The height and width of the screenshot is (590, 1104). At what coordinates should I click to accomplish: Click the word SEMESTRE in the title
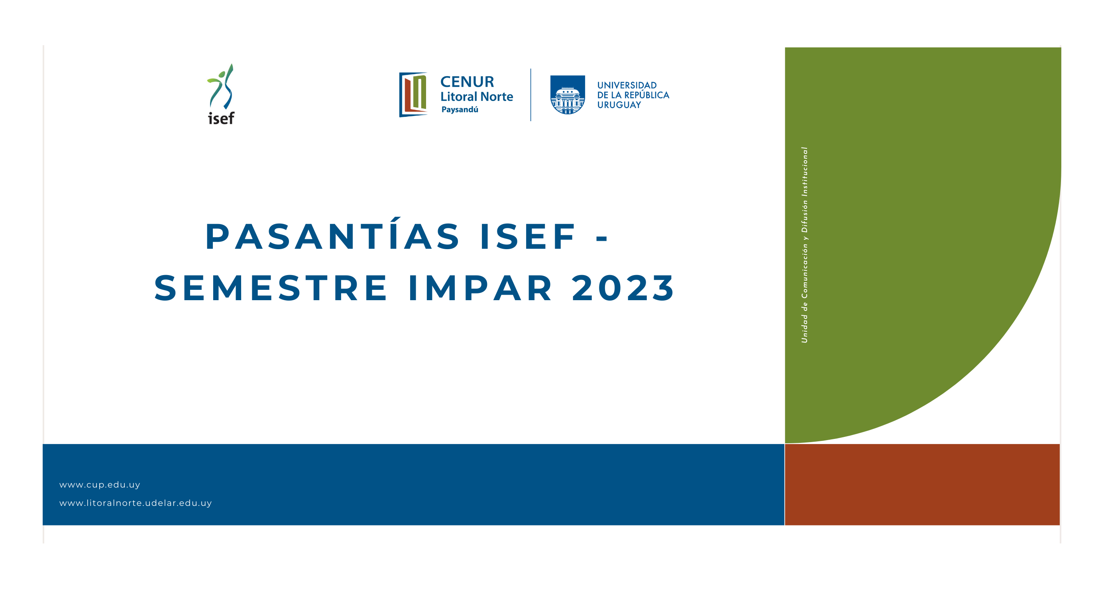tap(271, 288)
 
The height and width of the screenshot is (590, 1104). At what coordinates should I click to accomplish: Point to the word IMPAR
tap(480, 288)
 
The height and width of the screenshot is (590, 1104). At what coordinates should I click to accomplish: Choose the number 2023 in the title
tap(623, 288)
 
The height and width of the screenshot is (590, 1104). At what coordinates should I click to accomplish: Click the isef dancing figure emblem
tap(221, 87)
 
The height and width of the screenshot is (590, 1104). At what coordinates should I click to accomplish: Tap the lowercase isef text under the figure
tap(221, 118)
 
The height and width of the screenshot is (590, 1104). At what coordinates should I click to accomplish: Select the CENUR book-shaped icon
tap(413, 94)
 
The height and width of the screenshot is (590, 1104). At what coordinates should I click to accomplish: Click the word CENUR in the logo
tap(467, 81)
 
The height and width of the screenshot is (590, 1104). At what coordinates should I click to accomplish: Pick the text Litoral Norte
tap(477, 96)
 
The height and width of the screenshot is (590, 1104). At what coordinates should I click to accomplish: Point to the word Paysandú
tap(460, 109)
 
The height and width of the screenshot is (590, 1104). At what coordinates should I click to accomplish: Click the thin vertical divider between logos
tap(530, 95)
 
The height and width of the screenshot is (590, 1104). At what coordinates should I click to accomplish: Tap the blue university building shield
tap(568, 95)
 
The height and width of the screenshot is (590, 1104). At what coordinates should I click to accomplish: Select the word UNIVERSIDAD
tap(627, 85)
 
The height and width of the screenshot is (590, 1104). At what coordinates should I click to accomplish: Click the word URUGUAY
tap(619, 104)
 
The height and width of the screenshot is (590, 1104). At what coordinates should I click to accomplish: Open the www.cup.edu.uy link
tap(100, 484)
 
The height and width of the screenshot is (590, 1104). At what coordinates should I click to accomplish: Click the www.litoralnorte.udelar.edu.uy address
tap(136, 503)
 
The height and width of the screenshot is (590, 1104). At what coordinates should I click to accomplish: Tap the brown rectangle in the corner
tap(922, 484)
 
